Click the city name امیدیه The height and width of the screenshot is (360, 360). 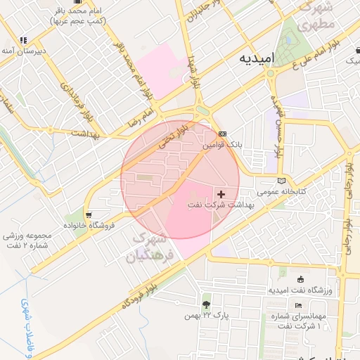[x=254, y=58]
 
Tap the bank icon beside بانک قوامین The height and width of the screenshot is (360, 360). [x=223, y=133]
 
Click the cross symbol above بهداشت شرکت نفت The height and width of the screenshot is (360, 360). [x=221, y=193]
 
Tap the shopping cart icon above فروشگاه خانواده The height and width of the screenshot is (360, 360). [x=89, y=214]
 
